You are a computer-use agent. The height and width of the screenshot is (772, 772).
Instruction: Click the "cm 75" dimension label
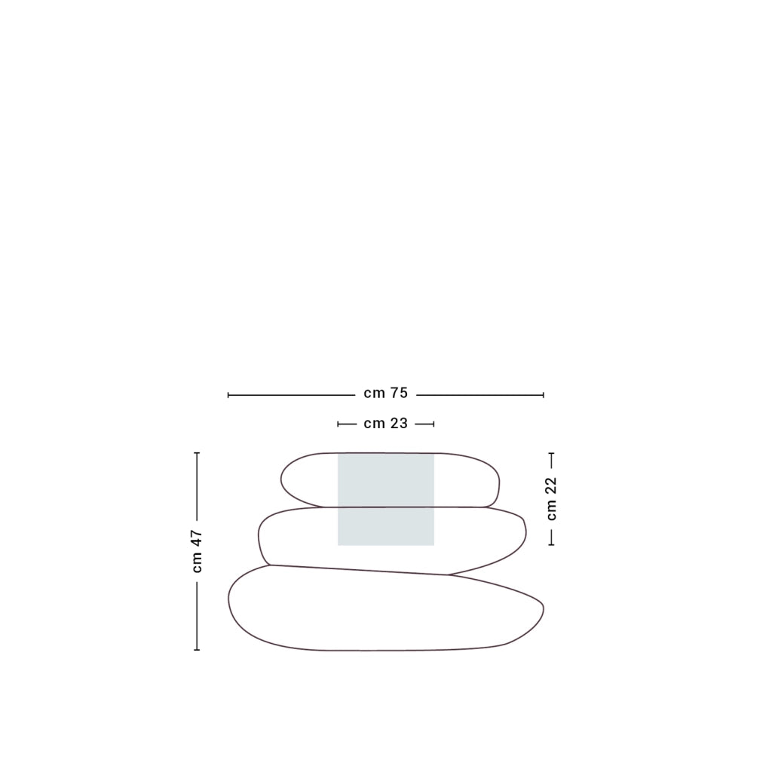pos(385,394)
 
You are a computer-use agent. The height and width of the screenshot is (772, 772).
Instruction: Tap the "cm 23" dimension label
pos(385,424)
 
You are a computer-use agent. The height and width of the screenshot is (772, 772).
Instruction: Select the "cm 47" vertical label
pos(197,551)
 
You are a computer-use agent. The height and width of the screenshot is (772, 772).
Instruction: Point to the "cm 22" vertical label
pos(551,498)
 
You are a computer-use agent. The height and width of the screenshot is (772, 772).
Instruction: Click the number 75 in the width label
pos(400,394)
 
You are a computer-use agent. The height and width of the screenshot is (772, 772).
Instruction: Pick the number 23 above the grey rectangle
pos(400,424)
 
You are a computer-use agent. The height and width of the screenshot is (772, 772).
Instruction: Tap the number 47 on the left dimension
pos(197,538)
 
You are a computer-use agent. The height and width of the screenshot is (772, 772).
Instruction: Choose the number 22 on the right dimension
pos(551,486)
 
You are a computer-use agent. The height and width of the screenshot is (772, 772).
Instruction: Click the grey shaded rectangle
pos(386,499)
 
